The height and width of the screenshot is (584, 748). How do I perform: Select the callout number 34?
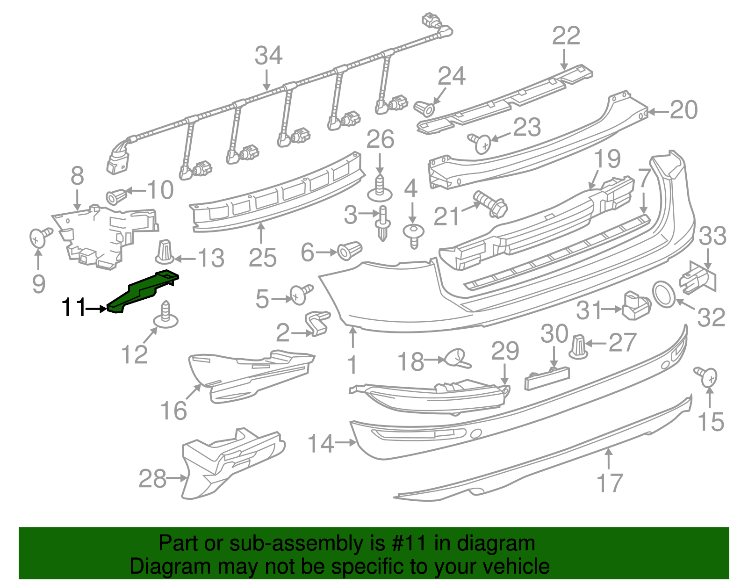(268, 56)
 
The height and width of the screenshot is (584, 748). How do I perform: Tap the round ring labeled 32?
(663, 294)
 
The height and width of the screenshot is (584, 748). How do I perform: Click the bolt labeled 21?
(491, 204)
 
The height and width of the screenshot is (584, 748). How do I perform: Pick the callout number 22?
(566, 36)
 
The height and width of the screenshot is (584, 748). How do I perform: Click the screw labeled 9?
(39, 236)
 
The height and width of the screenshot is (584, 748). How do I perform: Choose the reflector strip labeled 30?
(547, 378)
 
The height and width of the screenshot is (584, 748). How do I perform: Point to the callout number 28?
(152, 479)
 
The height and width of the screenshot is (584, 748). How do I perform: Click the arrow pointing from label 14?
(346, 442)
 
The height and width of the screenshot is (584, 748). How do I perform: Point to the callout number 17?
(610, 483)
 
